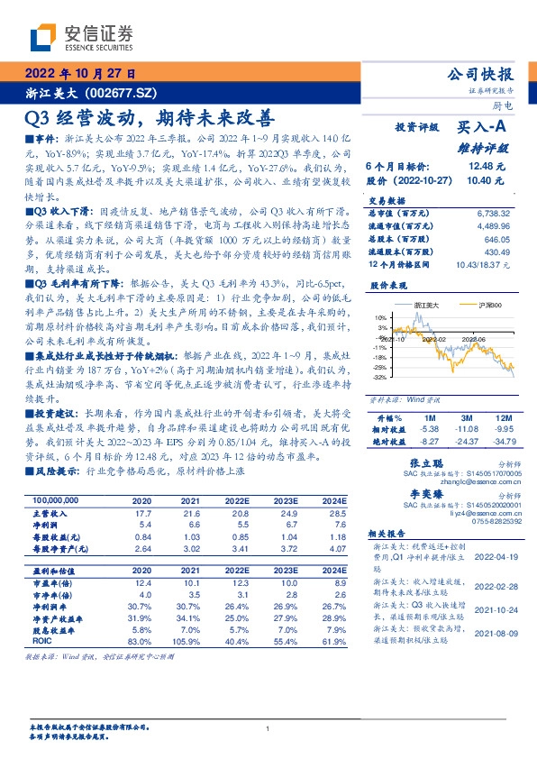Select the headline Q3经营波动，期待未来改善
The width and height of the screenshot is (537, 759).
coord(149,117)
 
